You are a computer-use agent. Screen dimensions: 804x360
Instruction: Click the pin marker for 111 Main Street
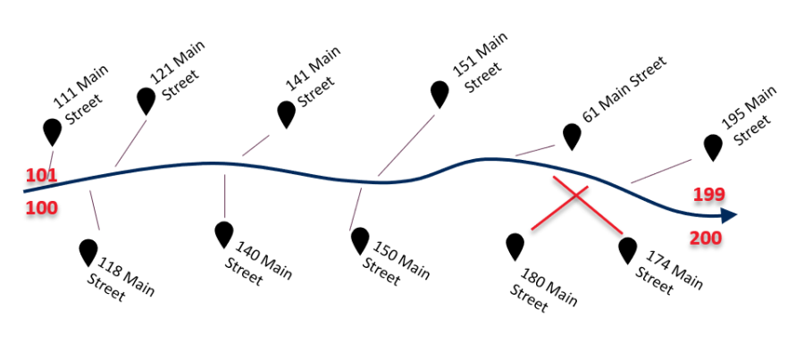[53, 130]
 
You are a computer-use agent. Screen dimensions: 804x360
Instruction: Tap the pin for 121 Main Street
[146, 100]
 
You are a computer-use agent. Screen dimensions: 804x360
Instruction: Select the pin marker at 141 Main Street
[286, 113]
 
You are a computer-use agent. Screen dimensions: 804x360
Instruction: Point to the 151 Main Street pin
[440, 93]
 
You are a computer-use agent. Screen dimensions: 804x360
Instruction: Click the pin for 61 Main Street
[572, 136]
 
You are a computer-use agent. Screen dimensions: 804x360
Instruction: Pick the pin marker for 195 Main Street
[712, 147]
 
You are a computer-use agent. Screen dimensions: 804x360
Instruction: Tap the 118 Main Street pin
[88, 251]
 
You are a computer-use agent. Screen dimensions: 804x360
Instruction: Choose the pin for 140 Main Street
[224, 234]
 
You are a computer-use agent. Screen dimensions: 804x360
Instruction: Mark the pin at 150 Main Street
[360, 239]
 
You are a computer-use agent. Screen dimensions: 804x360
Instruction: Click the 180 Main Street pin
[515, 246]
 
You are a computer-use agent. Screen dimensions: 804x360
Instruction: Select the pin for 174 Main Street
[628, 249]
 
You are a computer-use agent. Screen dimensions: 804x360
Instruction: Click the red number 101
[41, 175]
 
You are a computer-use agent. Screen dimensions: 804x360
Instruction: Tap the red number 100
[41, 208]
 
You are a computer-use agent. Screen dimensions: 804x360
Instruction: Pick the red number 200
[706, 239]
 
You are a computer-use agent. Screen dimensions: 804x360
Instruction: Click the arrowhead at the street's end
[728, 214]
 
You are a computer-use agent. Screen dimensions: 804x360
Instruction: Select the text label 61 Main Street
[624, 90]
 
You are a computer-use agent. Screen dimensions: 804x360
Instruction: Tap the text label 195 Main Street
[751, 113]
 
